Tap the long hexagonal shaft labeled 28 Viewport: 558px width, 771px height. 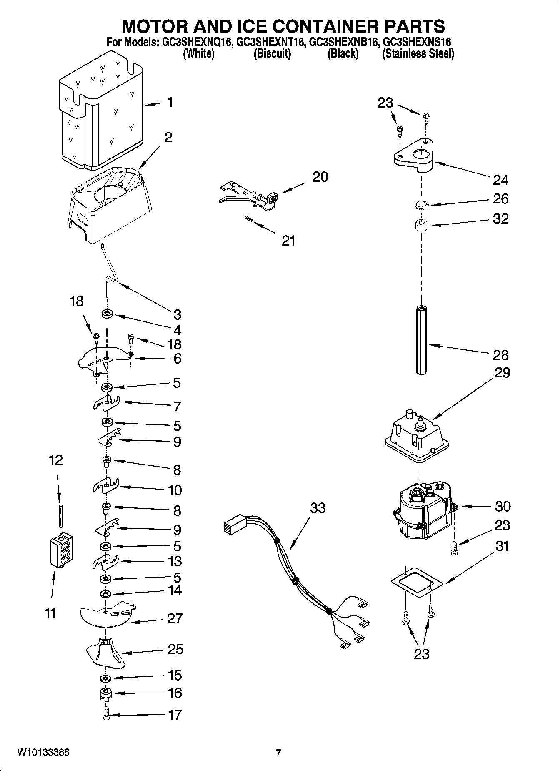click(421, 340)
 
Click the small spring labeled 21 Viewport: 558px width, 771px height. click(249, 218)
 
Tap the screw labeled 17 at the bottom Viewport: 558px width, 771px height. click(106, 715)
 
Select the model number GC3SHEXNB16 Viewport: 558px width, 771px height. click(343, 42)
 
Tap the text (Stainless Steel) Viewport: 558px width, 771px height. click(418, 54)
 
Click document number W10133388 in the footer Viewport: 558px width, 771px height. click(43, 753)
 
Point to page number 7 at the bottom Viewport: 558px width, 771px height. click(278, 753)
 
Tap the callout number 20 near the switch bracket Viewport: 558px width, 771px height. click(320, 177)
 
